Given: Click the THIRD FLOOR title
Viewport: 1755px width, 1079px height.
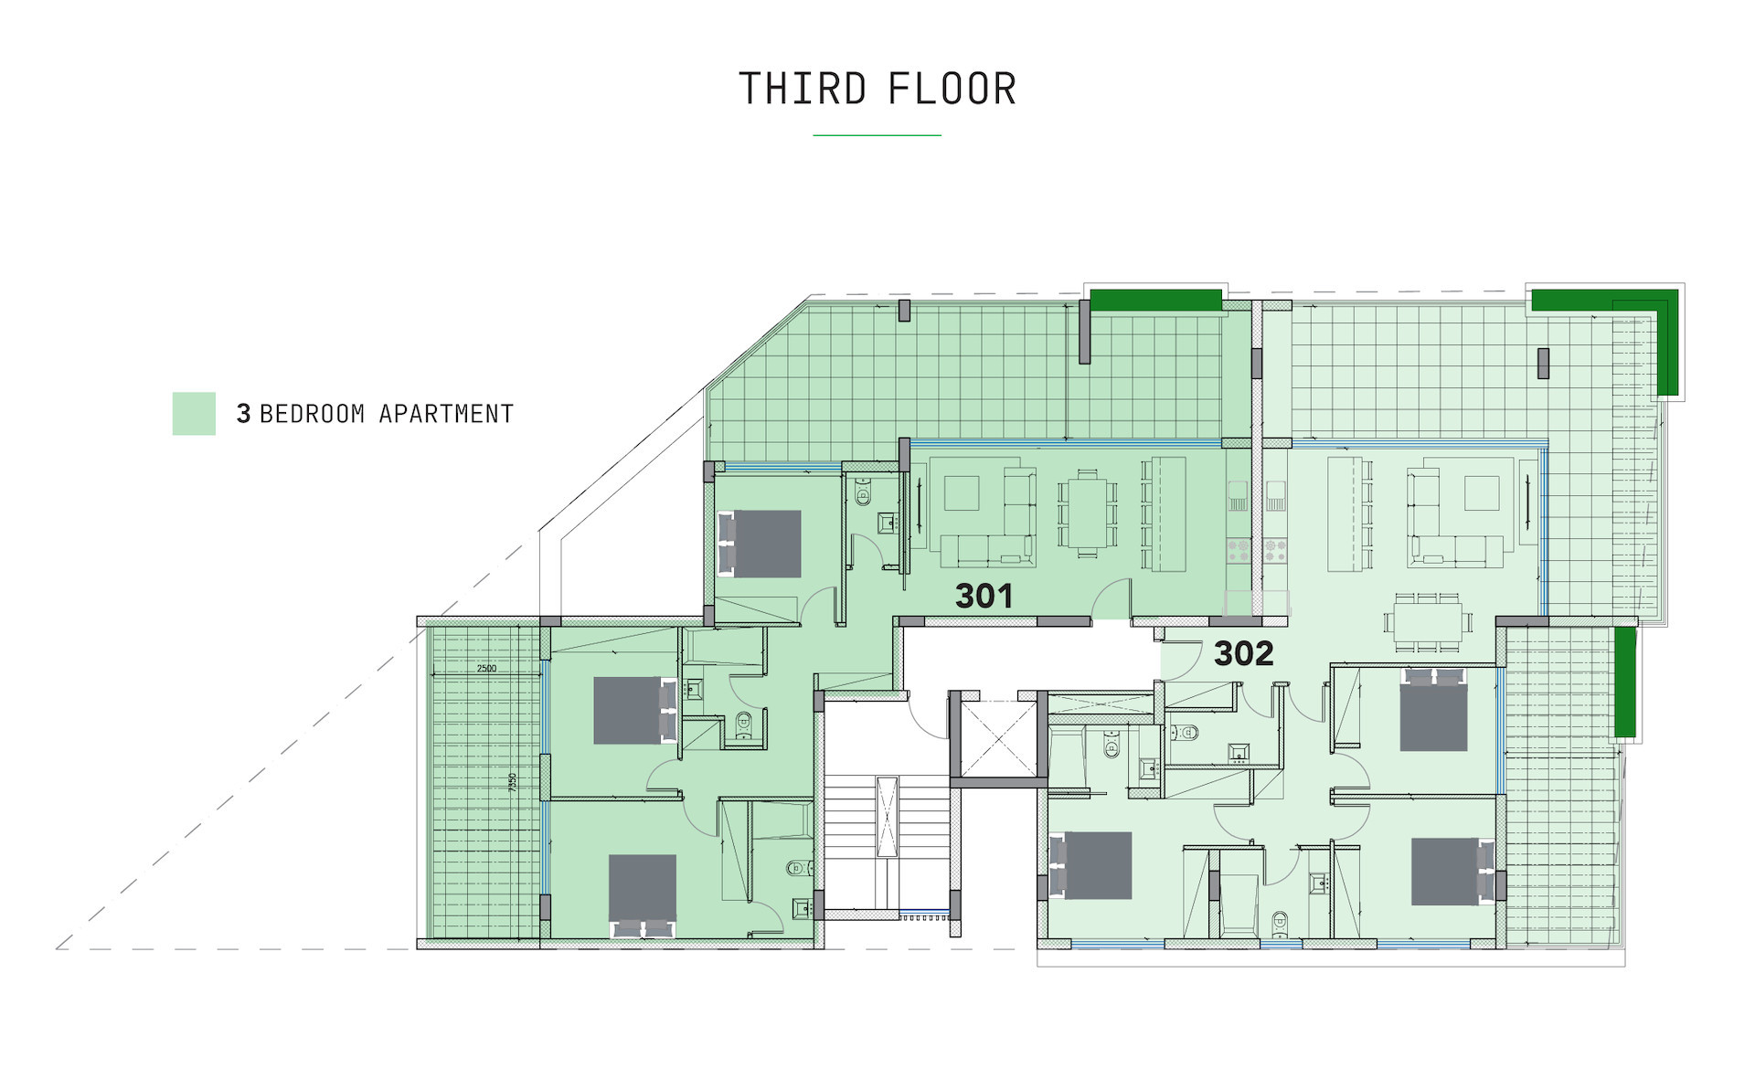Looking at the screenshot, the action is pos(877,90).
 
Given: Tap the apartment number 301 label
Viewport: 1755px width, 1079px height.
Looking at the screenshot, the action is pos(984,597).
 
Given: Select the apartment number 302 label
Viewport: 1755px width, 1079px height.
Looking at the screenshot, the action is pos(1243,653).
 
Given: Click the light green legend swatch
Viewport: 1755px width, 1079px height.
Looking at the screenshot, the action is pos(194,414).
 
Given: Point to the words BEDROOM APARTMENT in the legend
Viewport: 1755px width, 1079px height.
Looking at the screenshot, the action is pos(387,414).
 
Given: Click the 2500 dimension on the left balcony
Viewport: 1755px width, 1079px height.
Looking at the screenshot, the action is pos(486,669).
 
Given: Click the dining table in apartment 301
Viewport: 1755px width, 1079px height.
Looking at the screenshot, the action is pos(1087,513).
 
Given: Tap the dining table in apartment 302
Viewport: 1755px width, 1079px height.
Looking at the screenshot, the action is pos(1428,621).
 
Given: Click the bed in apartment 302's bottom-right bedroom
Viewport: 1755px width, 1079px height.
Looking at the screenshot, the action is pos(1453,872).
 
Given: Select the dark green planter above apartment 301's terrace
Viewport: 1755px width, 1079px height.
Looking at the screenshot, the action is pos(1156,300).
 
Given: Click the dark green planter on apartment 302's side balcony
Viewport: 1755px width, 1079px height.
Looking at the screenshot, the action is pos(1624,682).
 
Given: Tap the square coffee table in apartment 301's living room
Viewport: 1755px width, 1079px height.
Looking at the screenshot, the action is pos(962,493).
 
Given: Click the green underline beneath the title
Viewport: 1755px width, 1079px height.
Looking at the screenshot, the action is pos(877,135).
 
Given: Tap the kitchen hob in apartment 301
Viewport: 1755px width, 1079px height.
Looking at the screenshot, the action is pos(1239,551).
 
